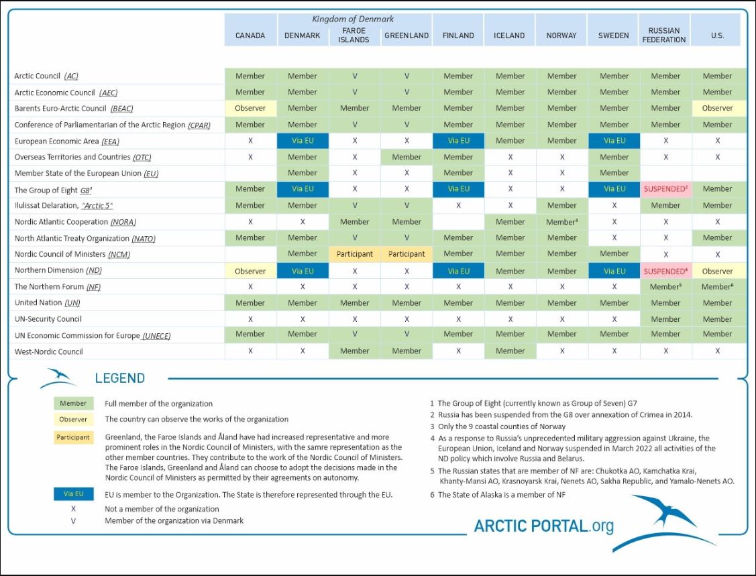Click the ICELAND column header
[x=509, y=36]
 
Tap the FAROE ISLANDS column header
[x=354, y=35]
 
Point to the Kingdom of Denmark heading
[x=353, y=19]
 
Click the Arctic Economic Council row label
[x=66, y=93]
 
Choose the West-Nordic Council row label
[x=48, y=351]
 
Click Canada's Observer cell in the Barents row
[x=250, y=108]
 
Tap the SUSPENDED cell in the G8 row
[x=665, y=189]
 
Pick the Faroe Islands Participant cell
[x=354, y=254]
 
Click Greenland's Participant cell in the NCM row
[x=407, y=254]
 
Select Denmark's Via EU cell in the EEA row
[x=303, y=141]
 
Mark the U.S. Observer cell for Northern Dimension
[x=717, y=271]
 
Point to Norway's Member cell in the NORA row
[x=561, y=222]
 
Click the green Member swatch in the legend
[x=73, y=404]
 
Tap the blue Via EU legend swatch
[x=73, y=494]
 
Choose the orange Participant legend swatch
[x=73, y=437]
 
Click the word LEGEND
[x=119, y=378]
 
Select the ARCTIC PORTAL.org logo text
[x=544, y=526]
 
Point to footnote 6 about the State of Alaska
[x=501, y=495]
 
